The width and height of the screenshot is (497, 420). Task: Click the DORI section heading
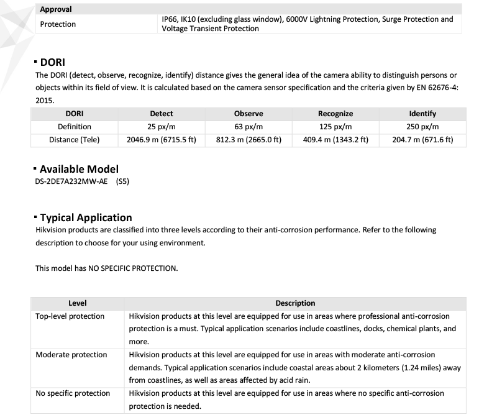coord(53,62)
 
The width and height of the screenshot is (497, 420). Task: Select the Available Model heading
coord(79,169)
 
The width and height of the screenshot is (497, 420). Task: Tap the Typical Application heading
coord(86,217)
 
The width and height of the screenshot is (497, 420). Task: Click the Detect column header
coord(162,114)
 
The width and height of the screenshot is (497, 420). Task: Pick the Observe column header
coord(248,114)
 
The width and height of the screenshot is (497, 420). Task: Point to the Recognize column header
coord(335,114)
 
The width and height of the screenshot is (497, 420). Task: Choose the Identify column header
coord(422,114)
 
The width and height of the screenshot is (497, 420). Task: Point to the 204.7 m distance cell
coord(422,140)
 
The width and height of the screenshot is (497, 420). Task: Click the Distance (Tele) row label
coord(75,140)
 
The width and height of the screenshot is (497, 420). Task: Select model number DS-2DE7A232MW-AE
coord(73,182)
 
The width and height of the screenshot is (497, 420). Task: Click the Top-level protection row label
coord(70,316)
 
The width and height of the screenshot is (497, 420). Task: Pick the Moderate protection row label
coord(71,355)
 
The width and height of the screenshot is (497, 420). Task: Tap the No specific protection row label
coord(73,393)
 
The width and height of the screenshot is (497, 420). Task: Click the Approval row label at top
coord(56,9)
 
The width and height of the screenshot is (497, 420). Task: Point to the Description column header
coord(295,303)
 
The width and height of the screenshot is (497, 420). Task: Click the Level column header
coord(78,303)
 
